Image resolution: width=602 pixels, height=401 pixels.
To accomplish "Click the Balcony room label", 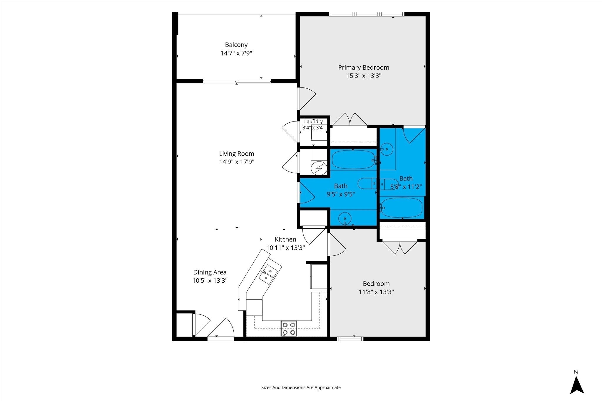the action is pos(236,45).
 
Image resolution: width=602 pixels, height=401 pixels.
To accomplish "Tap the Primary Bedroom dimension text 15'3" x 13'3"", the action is pos(364,76).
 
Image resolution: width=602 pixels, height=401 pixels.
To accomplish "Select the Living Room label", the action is pos(237,154).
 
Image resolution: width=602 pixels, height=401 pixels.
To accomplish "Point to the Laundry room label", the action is pos(313,122).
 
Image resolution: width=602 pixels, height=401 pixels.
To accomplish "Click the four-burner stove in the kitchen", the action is pos(289,328).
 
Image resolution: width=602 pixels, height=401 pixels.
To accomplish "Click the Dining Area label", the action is pos(210,272).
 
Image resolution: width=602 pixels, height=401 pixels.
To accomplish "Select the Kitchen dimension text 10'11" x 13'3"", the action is pos(285,248).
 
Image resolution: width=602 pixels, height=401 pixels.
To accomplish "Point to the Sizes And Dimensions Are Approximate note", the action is pos(301,387).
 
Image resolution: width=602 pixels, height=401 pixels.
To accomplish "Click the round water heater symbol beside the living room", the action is pos(319,168).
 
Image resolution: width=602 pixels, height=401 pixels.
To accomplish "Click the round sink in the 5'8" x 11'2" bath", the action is pos(387,149).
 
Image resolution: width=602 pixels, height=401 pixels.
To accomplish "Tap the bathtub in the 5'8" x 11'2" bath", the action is pos(402,208).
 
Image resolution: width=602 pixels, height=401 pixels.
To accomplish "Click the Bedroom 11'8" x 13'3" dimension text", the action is pos(376,292).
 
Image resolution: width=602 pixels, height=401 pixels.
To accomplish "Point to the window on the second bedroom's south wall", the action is pos(350,339).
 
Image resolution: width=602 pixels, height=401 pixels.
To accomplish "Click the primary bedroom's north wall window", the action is pos(367,14).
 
